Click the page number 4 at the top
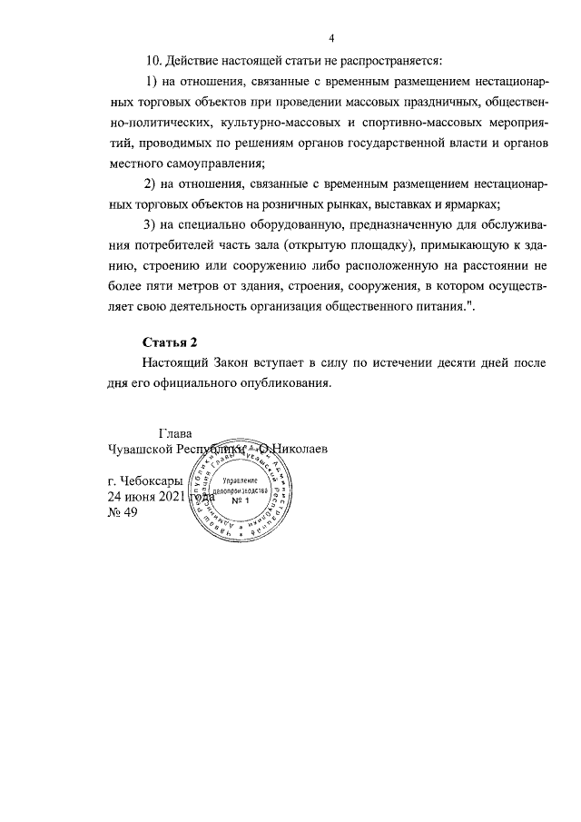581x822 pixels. click(331, 38)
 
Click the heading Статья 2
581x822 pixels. click(170, 342)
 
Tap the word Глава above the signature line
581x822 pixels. click(176, 433)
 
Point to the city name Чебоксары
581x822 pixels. click(152, 480)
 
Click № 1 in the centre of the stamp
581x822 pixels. click(241, 502)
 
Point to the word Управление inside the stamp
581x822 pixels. click(241, 479)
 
